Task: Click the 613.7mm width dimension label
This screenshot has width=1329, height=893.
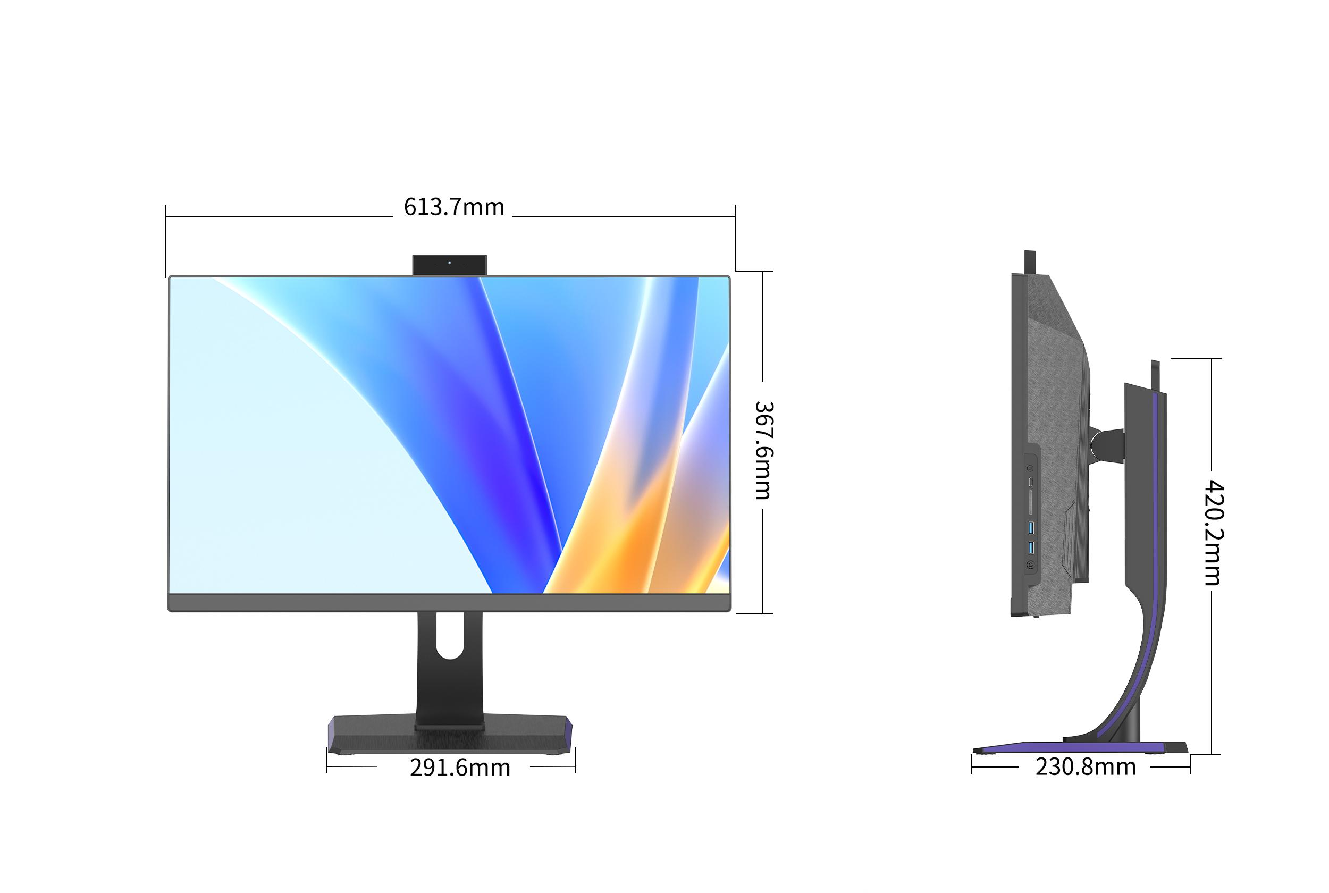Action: pos(454,207)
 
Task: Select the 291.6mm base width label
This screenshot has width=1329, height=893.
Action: pos(460,767)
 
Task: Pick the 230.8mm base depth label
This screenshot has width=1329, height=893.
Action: pos(1086,766)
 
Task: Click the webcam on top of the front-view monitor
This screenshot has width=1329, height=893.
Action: pos(449,265)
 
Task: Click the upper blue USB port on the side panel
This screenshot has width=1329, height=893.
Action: pos(1031,528)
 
